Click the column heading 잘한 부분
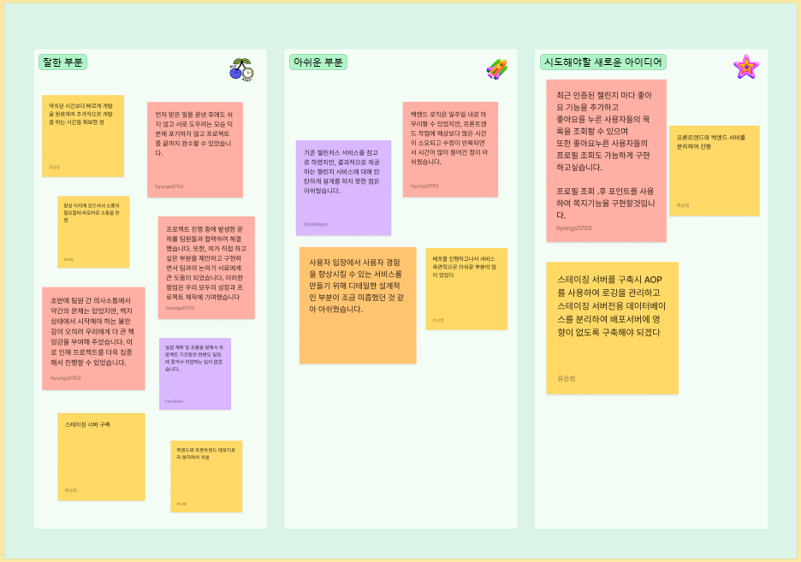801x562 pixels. coord(62,62)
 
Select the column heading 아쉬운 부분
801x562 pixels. coord(317,62)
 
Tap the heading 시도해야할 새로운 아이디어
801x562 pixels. coord(603,62)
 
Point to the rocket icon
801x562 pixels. coord(497,69)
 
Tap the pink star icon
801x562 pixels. coord(745,67)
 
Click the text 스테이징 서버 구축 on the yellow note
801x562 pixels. coord(87,424)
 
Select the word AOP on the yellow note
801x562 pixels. coord(652,280)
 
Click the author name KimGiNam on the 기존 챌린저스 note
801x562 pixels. coord(316,224)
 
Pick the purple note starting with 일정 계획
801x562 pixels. coord(195,373)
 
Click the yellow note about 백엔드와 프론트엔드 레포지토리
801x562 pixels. coord(206,476)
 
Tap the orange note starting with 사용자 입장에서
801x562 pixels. coord(358,305)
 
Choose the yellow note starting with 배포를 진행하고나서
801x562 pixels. coord(466,288)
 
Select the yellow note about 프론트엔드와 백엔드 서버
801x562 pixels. coord(714,170)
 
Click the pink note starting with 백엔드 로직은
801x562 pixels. coord(450,149)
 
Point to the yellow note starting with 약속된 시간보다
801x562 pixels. coord(83,135)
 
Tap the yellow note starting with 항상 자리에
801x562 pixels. coord(93,232)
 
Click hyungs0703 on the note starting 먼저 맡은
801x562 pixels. coord(169,186)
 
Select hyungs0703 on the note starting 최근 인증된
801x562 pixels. coord(573,228)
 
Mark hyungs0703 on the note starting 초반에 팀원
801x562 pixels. coord(65,377)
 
